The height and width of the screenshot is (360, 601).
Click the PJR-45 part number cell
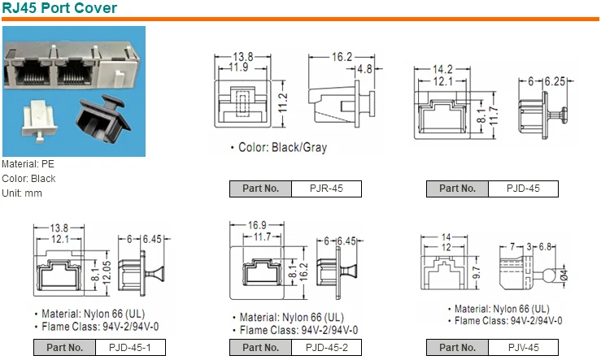326,189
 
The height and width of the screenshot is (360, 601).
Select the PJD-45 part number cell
523,189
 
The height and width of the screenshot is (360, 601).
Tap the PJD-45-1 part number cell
130,348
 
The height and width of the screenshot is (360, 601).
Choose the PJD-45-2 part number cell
326,348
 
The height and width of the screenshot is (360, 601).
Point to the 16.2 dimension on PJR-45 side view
342,58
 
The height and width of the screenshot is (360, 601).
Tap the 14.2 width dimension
442,70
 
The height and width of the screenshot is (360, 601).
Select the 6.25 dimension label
554,82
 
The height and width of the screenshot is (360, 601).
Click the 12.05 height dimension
104,269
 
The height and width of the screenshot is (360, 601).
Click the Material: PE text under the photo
28,164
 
